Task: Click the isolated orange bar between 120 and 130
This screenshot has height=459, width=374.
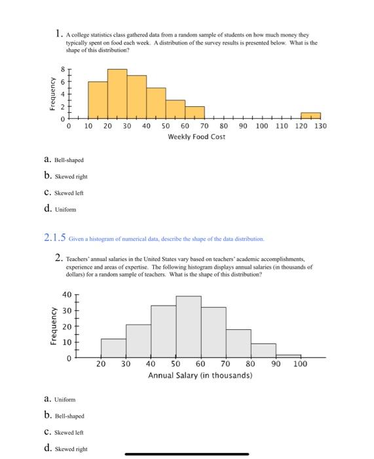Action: click(310, 116)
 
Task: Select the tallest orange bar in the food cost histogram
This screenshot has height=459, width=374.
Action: click(117, 94)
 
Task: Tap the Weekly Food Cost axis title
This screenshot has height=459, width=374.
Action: click(196, 136)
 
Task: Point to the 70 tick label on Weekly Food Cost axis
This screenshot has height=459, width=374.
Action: click(204, 126)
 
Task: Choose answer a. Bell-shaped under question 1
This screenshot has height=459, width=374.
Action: click(64, 159)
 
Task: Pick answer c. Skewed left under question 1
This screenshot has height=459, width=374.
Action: click(64, 193)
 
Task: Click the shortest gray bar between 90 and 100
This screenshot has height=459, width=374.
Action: click(288, 356)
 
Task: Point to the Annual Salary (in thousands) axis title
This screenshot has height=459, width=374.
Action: click(200, 376)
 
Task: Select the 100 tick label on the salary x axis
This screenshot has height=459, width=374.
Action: click(300, 364)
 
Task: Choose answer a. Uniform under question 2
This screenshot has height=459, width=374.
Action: click(60, 399)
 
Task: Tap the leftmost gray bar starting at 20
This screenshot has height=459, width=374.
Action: click(113, 348)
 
